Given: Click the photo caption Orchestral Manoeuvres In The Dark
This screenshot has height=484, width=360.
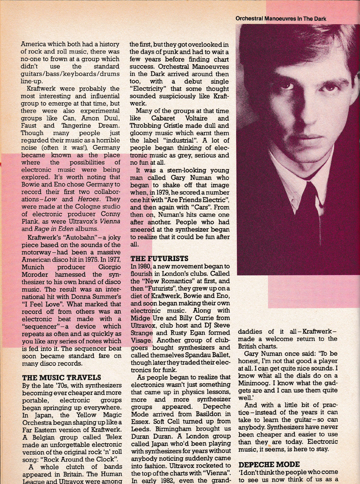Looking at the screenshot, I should (x=281, y=19).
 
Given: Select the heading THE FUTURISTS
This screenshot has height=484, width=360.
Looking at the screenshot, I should (x=159, y=258).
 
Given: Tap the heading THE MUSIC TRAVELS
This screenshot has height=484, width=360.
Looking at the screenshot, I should (x=62, y=378).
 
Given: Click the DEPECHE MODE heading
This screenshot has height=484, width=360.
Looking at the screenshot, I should (x=269, y=464).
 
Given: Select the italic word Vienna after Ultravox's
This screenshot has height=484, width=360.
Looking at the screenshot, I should (x=110, y=221).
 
